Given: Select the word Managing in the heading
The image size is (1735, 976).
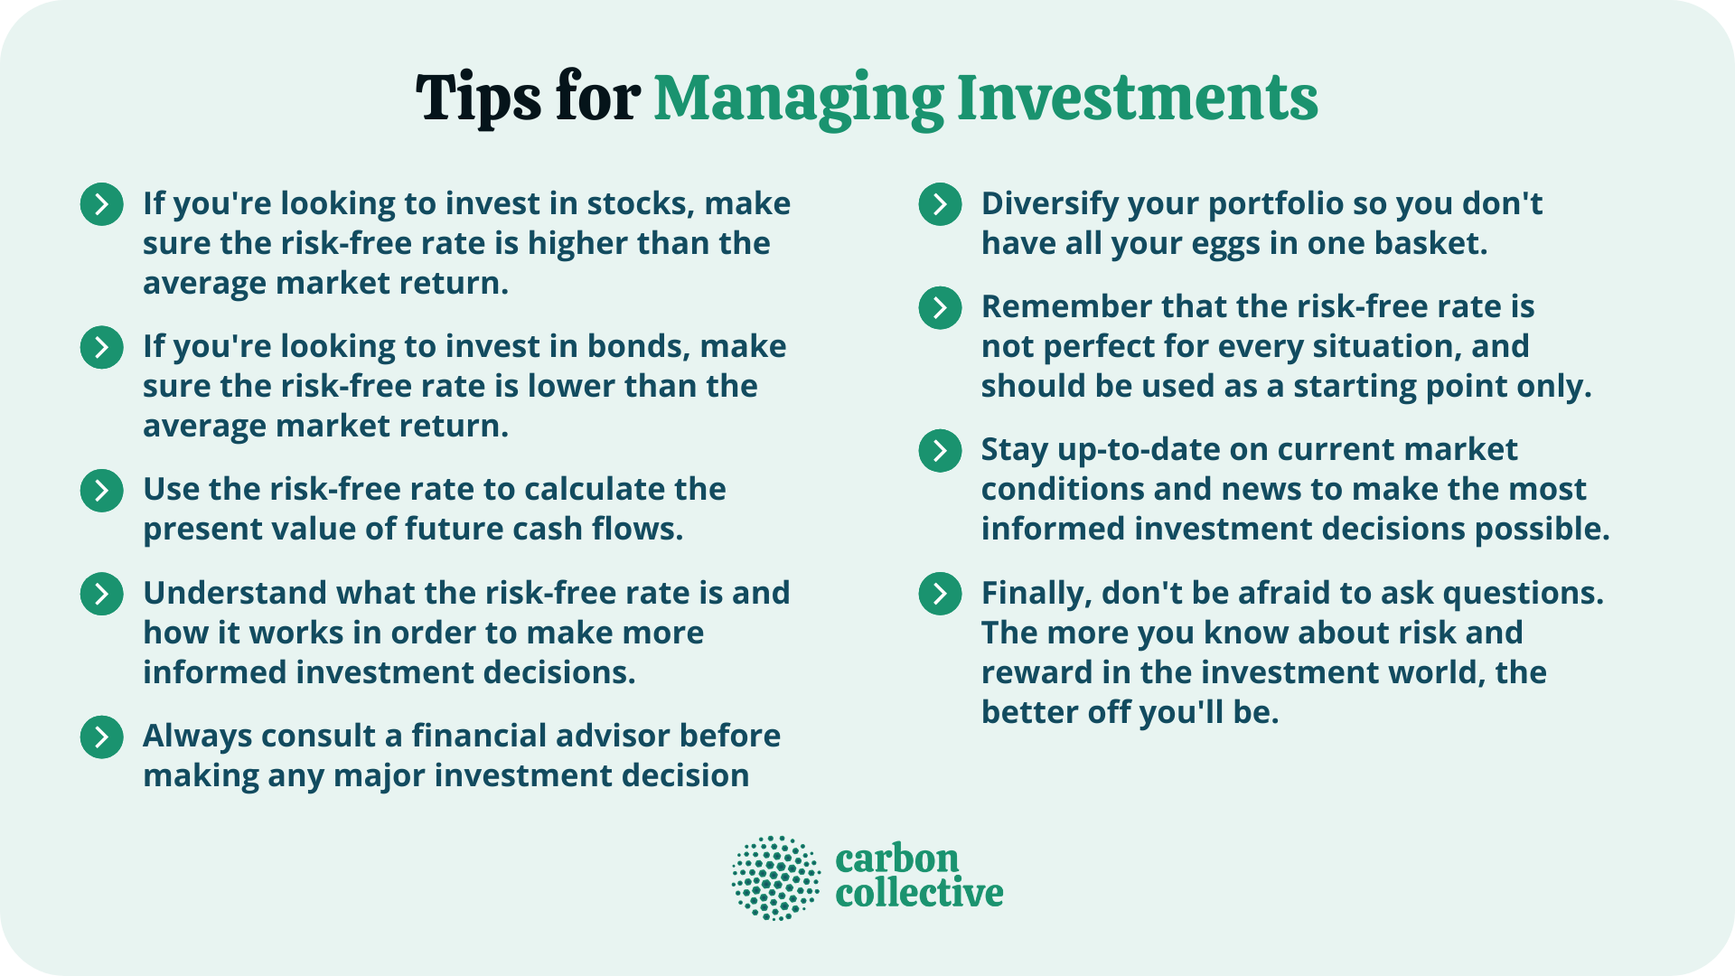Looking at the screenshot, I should click(x=798, y=99).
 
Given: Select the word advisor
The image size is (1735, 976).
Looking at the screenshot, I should click(x=614, y=736).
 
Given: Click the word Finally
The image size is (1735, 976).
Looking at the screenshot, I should click(x=1036, y=594).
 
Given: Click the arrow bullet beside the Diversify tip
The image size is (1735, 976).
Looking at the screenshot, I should click(x=940, y=204).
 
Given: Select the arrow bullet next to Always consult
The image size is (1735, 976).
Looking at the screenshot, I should click(x=102, y=737).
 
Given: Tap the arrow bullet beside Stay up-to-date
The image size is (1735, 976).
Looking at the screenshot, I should click(x=940, y=450).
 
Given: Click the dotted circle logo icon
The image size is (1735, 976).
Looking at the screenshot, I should click(x=775, y=877).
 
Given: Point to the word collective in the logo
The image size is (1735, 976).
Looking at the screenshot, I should click(x=919, y=894).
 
